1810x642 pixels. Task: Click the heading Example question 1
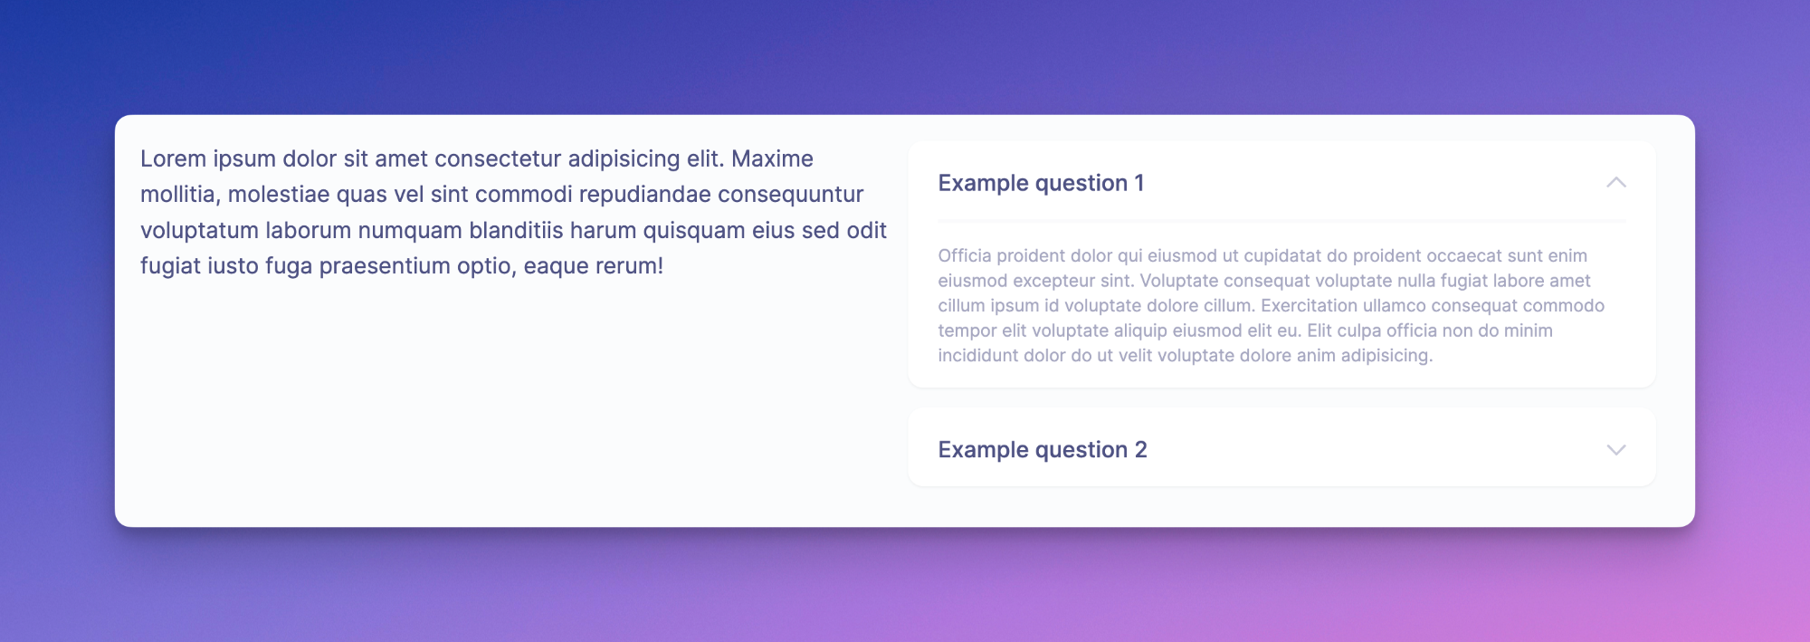point(1041,183)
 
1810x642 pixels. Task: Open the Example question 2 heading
point(1043,450)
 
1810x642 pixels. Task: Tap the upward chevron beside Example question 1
point(1616,183)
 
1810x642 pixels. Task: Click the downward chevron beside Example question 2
point(1616,450)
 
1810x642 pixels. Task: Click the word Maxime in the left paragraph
point(772,159)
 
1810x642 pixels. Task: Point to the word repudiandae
point(645,196)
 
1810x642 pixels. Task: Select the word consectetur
point(498,159)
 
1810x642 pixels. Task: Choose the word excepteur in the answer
point(1054,282)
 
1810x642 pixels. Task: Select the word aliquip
point(1140,331)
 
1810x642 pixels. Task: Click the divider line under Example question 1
point(1282,221)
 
